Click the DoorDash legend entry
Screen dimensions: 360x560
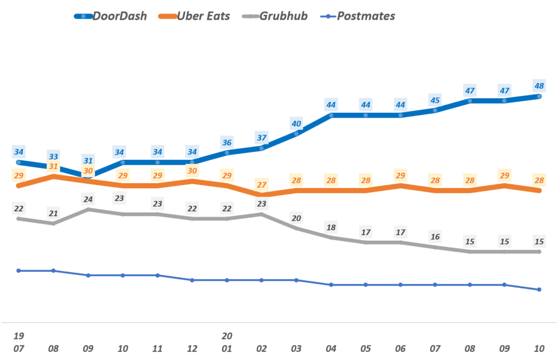coord(111,16)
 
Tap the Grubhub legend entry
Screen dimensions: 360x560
coord(277,16)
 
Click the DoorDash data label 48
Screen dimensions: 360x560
coord(539,85)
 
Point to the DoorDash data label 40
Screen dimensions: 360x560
coord(296,123)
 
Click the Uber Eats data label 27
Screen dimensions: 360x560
coord(261,184)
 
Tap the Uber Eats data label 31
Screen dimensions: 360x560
coord(53,166)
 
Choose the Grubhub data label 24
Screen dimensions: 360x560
coord(88,200)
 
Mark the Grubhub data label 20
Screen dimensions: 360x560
coord(296,218)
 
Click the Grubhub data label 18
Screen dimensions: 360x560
coord(331,228)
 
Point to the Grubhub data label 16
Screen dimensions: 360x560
coord(435,237)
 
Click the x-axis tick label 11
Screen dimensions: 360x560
coord(157,348)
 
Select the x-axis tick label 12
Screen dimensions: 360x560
coord(192,348)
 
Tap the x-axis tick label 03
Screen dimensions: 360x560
coord(296,348)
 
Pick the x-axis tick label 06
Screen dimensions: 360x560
coord(401,348)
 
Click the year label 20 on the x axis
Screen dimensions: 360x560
coord(226,335)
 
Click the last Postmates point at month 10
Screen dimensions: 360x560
coord(539,289)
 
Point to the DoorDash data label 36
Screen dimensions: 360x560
coord(226,143)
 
